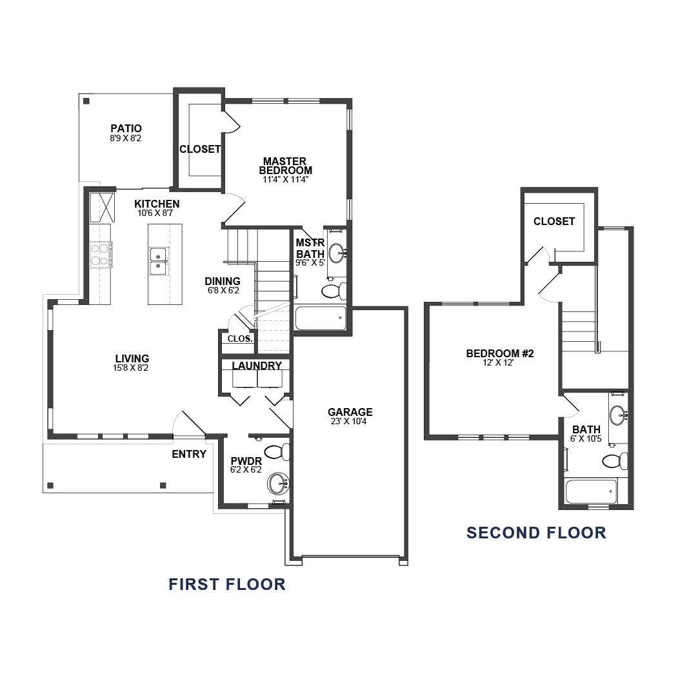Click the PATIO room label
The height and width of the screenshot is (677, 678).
pyautogui.click(x=126, y=129)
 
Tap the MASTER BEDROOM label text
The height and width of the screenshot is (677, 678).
pyautogui.click(x=285, y=166)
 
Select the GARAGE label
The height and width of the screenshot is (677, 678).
pyautogui.click(x=350, y=413)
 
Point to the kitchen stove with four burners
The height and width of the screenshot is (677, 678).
pyautogui.click(x=101, y=254)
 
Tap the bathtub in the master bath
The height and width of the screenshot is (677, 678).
pyautogui.click(x=321, y=318)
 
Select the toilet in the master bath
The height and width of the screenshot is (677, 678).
pyautogui.click(x=334, y=291)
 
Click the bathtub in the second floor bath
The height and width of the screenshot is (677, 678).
pyautogui.click(x=591, y=493)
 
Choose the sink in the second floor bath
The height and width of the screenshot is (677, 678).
pyautogui.click(x=617, y=413)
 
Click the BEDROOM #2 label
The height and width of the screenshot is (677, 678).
pyautogui.click(x=500, y=353)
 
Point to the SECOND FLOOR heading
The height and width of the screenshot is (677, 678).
pyautogui.click(x=536, y=533)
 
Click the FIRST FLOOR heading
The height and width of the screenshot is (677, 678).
pyautogui.click(x=227, y=584)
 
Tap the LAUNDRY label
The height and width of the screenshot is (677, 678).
pyautogui.click(x=257, y=366)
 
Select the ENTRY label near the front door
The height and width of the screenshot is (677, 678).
pyautogui.click(x=189, y=454)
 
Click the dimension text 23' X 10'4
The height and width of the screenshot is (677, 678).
pyautogui.click(x=350, y=422)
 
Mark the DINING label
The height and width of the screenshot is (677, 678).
pyautogui.click(x=223, y=281)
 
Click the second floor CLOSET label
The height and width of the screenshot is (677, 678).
pyautogui.click(x=554, y=221)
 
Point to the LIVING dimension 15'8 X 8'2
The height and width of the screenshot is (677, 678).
pyautogui.click(x=132, y=368)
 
